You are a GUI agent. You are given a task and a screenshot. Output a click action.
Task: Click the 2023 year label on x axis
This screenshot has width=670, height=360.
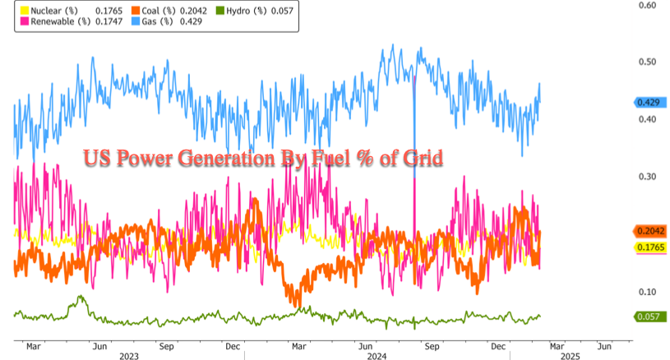(x=129, y=357)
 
